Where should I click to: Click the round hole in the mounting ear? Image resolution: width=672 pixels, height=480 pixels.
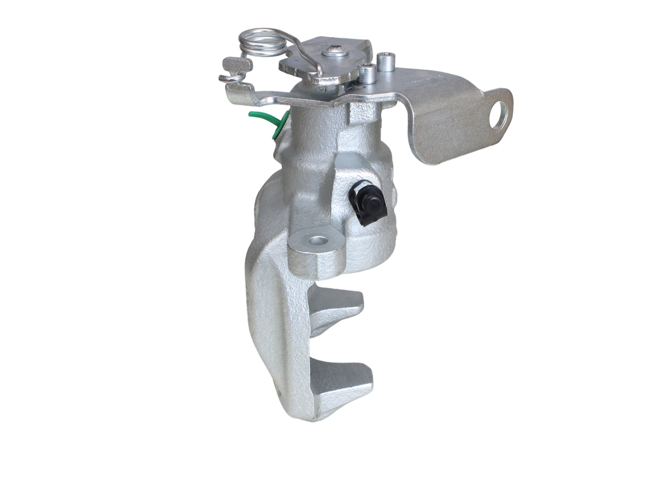(x=317, y=241)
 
